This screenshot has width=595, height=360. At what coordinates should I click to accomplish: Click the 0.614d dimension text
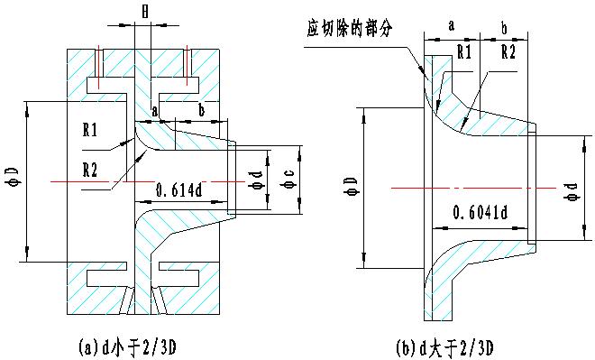[178, 189]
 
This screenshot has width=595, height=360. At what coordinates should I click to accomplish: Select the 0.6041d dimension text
[480, 213]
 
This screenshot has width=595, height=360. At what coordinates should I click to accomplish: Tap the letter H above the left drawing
[145, 12]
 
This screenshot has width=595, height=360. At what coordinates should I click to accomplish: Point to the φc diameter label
[287, 180]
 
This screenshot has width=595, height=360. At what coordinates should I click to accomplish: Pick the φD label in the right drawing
[352, 186]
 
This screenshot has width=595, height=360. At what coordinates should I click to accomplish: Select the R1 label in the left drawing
[90, 130]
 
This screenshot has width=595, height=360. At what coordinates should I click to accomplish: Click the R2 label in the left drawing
[90, 170]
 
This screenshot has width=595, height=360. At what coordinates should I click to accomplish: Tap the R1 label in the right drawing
[463, 52]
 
